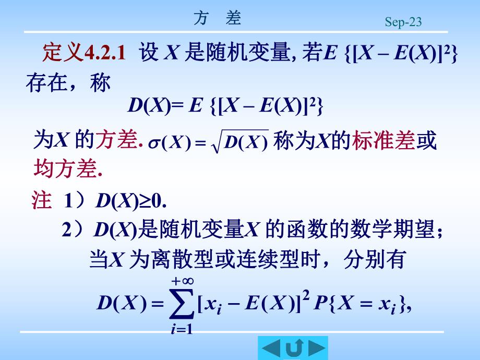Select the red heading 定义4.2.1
click(x=83, y=53)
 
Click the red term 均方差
click(x=65, y=168)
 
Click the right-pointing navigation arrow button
click(x=317, y=347)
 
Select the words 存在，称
click(x=68, y=83)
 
